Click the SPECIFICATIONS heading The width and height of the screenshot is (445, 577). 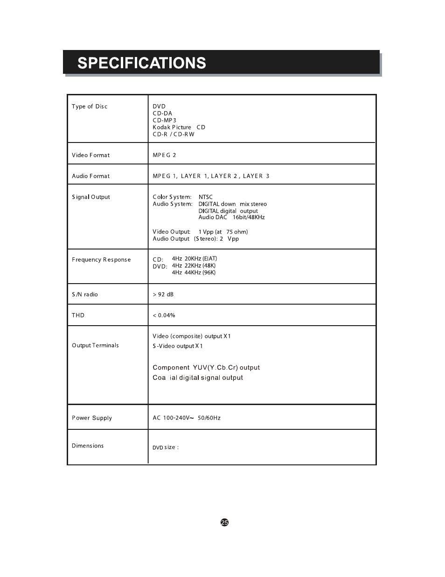141,63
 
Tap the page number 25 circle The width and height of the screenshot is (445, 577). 224,522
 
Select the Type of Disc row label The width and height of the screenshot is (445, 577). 90,107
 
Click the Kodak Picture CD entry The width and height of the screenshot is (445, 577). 179,127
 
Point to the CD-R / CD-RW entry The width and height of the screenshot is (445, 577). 173,134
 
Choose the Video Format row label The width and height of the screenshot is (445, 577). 90,155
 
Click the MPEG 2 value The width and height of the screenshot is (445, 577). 164,155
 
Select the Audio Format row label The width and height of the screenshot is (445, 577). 90,176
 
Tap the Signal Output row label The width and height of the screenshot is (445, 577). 90,197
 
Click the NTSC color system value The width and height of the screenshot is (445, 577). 205,197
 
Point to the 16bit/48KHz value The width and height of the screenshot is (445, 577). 249,217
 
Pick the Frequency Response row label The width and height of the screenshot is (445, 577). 101,260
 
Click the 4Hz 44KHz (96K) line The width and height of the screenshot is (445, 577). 194,273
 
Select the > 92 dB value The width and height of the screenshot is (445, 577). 163,294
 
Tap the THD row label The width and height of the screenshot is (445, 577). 78,315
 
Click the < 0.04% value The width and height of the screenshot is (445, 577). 164,315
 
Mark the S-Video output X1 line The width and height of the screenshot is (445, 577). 177,346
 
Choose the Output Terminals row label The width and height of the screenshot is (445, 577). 95,345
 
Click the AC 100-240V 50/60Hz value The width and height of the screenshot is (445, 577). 186,418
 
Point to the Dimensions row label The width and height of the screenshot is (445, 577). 88,446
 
